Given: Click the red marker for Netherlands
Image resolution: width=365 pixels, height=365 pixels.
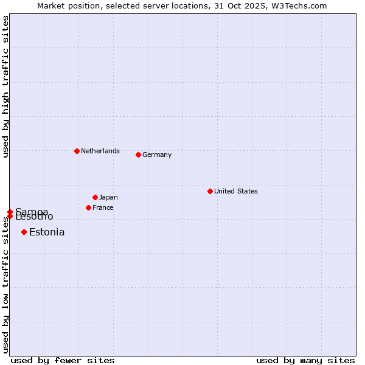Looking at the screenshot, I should tap(77, 151).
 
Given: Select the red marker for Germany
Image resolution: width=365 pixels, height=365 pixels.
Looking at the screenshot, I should tap(138, 155).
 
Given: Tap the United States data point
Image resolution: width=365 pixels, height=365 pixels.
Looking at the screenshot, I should tap(210, 191).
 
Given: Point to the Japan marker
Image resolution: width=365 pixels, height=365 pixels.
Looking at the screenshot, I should tap(95, 197).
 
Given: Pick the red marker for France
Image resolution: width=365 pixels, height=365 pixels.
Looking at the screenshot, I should tap(88, 207).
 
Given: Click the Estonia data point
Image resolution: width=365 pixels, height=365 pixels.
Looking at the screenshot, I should tap(24, 232).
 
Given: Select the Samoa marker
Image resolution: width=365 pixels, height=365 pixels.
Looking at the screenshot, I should tap(10, 212).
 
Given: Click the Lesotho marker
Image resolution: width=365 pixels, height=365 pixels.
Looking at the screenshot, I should tap(10, 217).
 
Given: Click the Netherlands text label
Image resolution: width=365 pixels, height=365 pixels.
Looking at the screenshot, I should tap(100, 151).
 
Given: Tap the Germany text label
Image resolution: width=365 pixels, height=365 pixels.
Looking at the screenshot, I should tap(157, 155).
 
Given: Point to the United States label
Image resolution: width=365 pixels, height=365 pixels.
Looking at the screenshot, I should tap(236, 191).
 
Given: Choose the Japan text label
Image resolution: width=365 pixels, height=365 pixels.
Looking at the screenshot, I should tap(108, 197).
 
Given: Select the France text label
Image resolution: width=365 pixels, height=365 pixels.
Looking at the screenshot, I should tap(103, 207).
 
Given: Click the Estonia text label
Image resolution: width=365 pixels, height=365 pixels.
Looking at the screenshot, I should tap(47, 232).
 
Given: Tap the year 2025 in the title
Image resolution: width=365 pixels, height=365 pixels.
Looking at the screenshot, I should tap(255, 5).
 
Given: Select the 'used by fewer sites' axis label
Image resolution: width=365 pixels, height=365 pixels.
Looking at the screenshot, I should tap(63, 360).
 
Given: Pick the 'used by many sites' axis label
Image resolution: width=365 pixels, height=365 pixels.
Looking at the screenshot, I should tap(305, 360).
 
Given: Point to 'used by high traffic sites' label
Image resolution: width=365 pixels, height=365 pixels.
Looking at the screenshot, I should tap(5, 86).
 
